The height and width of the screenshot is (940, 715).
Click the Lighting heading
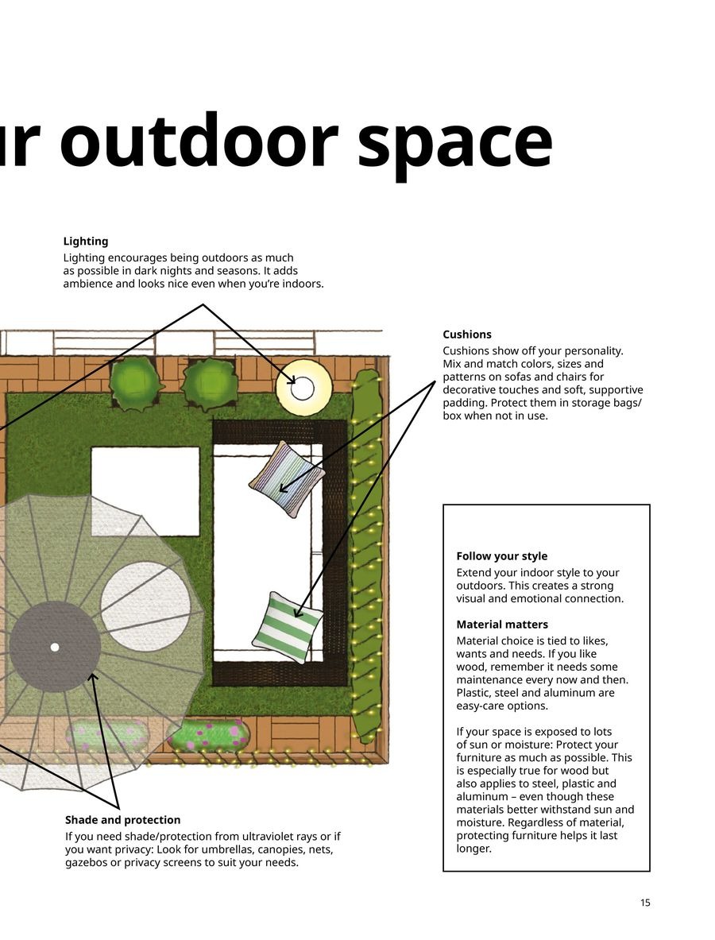coord(86,242)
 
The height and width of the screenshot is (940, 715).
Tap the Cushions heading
coord(467,335)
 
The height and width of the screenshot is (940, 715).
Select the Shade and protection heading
coord(122,820)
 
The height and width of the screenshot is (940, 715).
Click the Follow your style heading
coord(501,556)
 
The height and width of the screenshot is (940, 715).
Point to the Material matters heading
coord(502,625)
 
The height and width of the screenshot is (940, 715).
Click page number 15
coord(645,903)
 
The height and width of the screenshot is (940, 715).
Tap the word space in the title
coord(455,143)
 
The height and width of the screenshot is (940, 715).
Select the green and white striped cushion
coord(287,628)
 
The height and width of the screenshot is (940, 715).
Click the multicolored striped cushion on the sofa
coord(287,479)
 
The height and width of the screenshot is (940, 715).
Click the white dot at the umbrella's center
coord(55,647)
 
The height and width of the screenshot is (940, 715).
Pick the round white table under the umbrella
coord(145,606)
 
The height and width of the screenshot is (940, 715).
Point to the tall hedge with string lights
coord(366,556)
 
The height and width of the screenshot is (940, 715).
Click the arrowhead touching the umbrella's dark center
coord(92,677)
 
